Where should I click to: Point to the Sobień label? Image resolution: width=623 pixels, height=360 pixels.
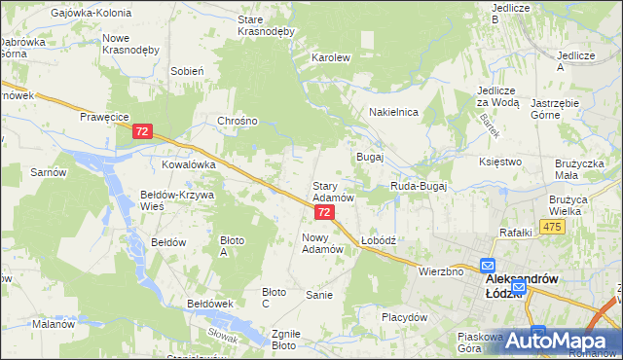pos(186,71)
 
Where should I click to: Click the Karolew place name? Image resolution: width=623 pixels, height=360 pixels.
pos(330,57)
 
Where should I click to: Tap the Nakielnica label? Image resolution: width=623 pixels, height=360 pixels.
pos(393,112)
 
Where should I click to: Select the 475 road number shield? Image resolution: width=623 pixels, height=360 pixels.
pos(553,227)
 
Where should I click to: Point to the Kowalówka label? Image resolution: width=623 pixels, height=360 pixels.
pos(188,164)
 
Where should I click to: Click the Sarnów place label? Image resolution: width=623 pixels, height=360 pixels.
pos(47,172)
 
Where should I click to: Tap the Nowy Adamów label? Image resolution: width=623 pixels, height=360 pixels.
pos(323,242)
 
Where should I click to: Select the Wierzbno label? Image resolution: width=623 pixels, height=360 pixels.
pos(440,271)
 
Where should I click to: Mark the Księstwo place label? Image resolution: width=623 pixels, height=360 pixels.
pos(501,162)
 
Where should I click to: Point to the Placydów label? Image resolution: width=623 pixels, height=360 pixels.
pos(405,317)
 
